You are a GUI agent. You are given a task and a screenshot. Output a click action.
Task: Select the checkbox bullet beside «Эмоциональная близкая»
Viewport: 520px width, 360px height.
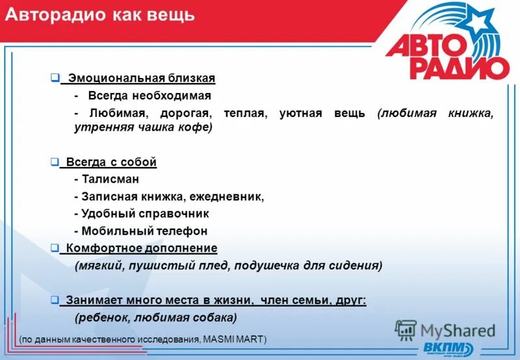(x=55, y=78)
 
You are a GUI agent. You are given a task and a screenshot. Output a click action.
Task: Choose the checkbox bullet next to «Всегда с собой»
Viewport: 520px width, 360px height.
(x=55, y=161)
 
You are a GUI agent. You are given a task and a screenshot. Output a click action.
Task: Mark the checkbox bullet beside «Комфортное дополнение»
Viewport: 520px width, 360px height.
(x=55, y=248)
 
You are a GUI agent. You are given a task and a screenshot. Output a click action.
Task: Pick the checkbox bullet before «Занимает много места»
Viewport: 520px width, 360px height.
(x=55, y=300)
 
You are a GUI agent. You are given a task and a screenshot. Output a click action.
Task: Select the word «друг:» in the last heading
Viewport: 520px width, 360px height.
(x=352, y=300)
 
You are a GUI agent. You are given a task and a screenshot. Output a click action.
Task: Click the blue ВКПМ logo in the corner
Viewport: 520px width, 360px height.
(x=448, y=347)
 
